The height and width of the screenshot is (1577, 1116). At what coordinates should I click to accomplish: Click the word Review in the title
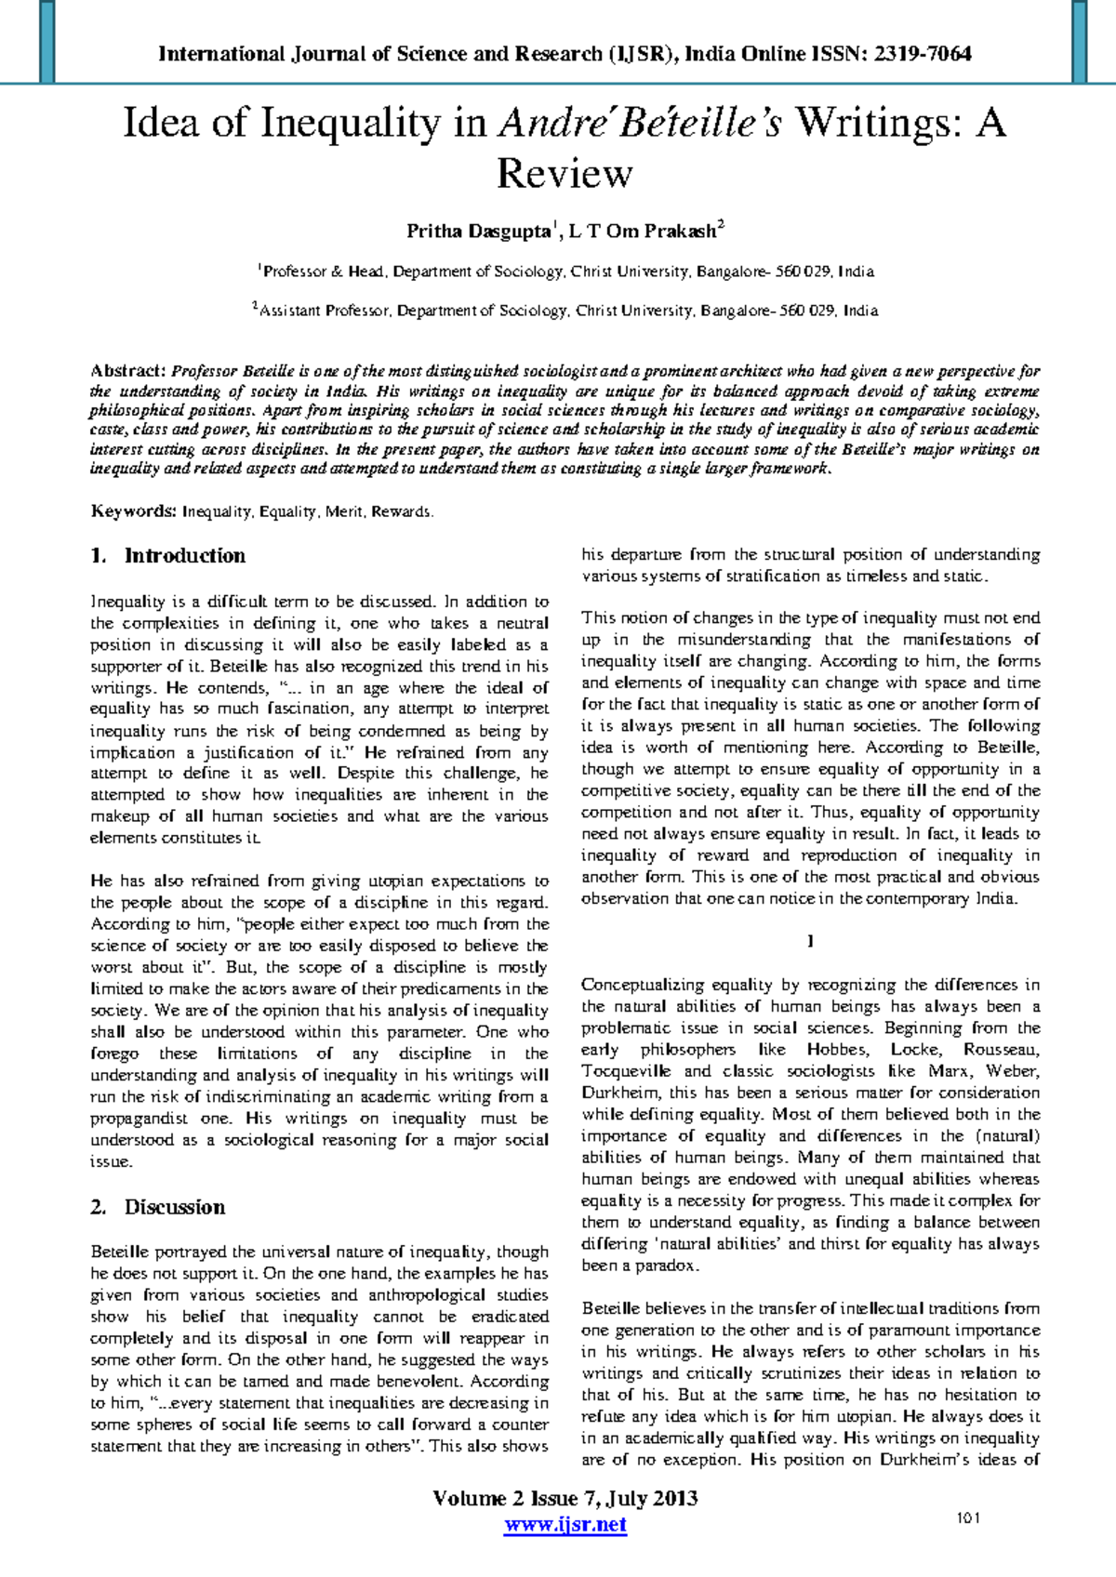pyautogui.click(x=564, y=174)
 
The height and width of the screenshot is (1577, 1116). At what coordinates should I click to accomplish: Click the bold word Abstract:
pyautogui.click(x=128, y=371)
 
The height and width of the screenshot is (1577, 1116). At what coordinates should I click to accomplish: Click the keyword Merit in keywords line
pyautogui.click(x=344, y=512)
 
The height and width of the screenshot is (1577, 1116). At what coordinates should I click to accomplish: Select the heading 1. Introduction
pyautogui.click(x=168, y=556)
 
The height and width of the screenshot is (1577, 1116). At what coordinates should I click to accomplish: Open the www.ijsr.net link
pyautogui.click(x=565, y=1525)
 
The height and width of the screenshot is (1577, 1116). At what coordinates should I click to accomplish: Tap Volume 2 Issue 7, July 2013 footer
pyautogui.click(x=565, y=1499)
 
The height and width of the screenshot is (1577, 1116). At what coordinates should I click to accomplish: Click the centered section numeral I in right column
pyautogui.click(x=810, y=942)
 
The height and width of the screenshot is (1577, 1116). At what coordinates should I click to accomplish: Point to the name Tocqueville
pyautogui.click(x=627, y=1071)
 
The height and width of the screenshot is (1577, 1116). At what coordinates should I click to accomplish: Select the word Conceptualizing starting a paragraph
pyautogui.click(x=643, y=985)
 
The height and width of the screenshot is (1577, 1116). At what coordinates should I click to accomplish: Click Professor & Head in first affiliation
pyautogui.click(x=323, y=272)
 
